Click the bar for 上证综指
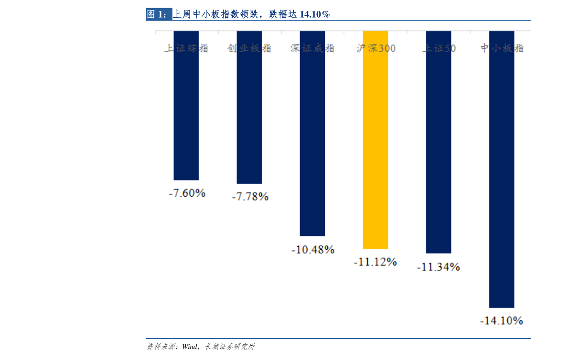[x=186, y=115]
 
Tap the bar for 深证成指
[x=312, y=143]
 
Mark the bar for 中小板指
[x=501, y=181]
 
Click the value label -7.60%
[x=187, y=193]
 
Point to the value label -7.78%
[x=250, y=197]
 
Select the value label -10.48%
[x=312, y=250]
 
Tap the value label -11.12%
[x=375, y=262]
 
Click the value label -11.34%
[x=438, y=267]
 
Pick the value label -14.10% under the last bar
[x=501, y=321]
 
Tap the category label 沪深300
[x=376, y=48]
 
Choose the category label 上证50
[x=439, y=48]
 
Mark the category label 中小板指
[x=502, y=48]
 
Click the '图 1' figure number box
[x=158, y=14]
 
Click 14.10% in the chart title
[x=314, y=15]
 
